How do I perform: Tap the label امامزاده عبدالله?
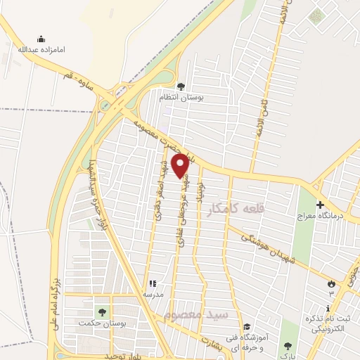[x=41, y=51]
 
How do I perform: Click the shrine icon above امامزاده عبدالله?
[x=41, y=39]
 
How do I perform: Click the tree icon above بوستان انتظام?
[x=181, y=86]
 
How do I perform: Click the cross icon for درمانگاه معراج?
[x=321, y=205]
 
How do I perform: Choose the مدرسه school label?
[x=151, y=293]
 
